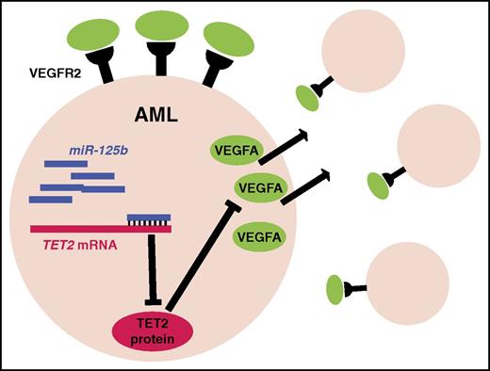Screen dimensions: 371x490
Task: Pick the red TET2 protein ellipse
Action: point(153,331)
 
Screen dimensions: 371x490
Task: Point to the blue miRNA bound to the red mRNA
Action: point(149,218)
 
